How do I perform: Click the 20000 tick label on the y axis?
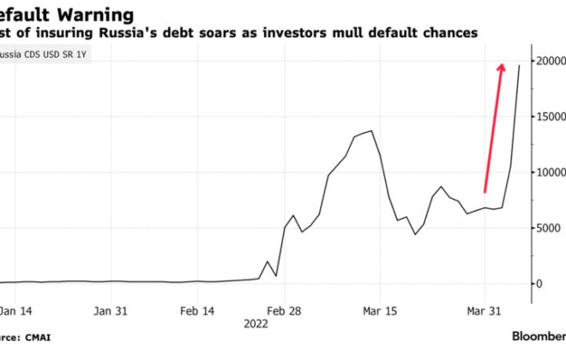pos(551,62)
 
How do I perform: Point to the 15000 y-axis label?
pos(551,117)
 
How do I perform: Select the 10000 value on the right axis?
pos(551,172)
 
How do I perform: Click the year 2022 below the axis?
pos(255,324)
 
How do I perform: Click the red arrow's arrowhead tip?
pos(502,63)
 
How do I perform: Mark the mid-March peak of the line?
pos(370,131)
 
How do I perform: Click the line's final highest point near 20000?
pos(520,65)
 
